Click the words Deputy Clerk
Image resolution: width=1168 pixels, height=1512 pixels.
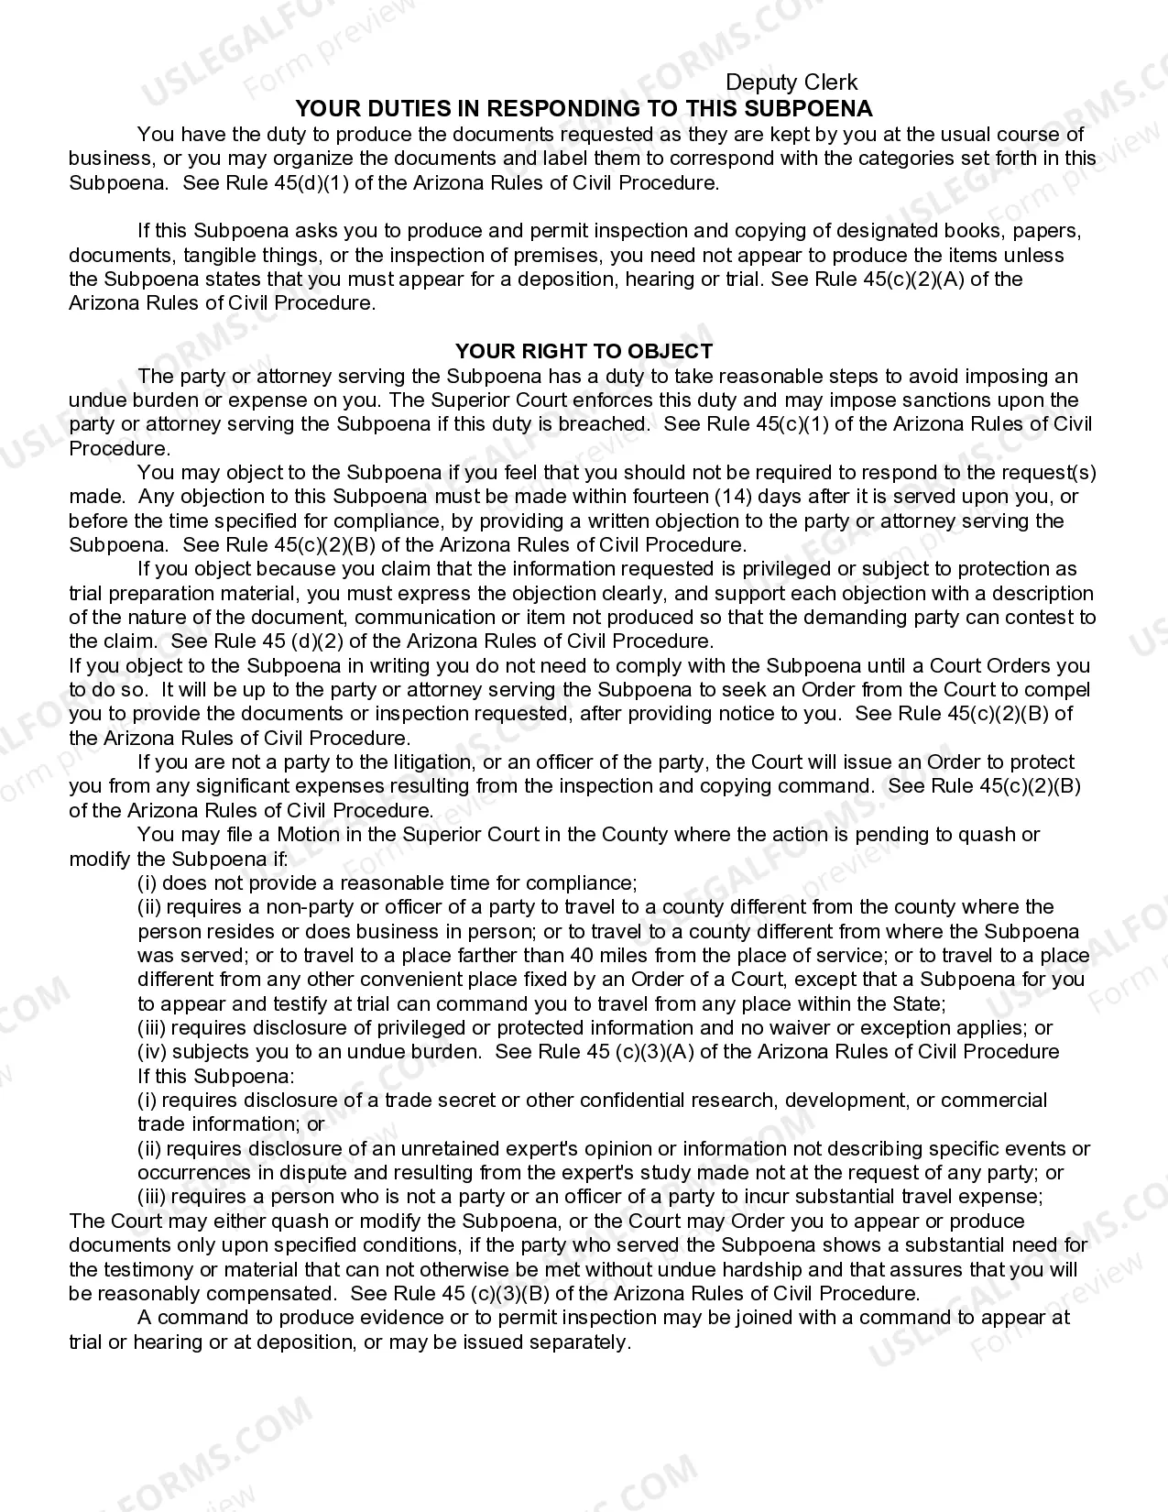791,83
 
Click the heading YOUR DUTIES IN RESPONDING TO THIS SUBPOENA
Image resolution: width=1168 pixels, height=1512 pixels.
584,108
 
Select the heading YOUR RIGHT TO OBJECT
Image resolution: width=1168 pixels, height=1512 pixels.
584,351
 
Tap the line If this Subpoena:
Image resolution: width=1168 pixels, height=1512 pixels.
216,1076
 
